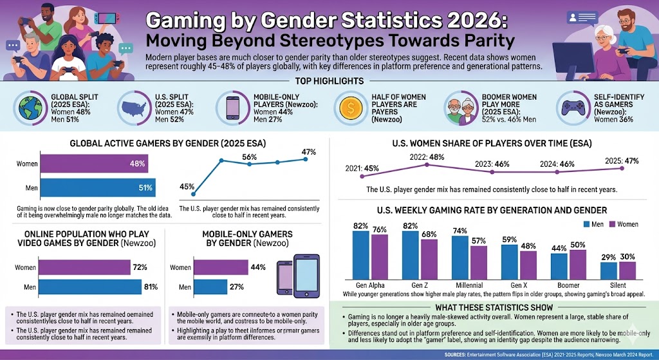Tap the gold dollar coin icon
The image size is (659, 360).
point(351,106)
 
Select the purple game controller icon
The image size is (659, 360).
point(571,106)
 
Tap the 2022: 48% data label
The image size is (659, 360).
point(427,156)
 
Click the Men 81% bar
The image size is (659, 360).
point(89,287)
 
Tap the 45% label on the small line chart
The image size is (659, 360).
point(187,187)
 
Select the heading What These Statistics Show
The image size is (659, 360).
point(494,307)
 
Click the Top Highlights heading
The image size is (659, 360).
point(329,81)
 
